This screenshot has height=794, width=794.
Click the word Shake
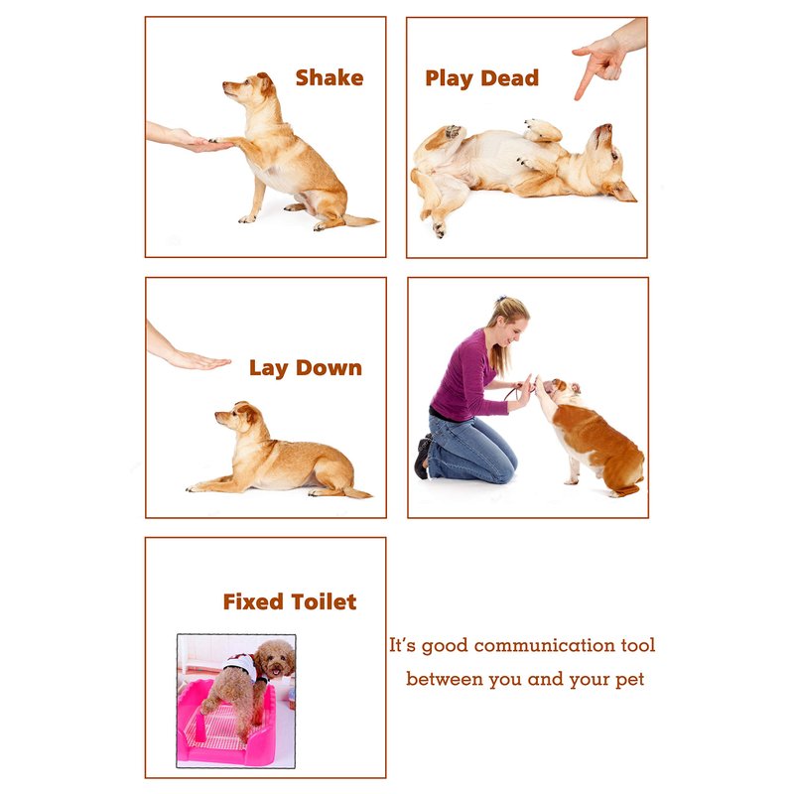click(x=330, y=78)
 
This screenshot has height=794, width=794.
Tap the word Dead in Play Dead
click(x=509, y=78)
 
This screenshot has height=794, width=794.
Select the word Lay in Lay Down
click(x=268, y=368)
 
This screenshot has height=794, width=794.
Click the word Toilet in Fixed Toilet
click(x=324, y=601)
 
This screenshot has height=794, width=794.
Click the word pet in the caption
click(x=630, y=680)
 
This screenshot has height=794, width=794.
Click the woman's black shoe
click(x=421, y=458)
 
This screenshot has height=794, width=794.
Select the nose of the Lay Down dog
click(x=217, y=415)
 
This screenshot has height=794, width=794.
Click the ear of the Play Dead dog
click(x=621, y=192)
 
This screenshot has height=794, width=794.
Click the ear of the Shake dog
click(x=267, y=83)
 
